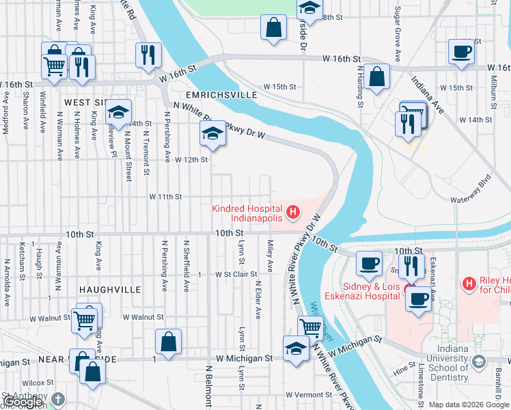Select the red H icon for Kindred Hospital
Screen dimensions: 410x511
point(293,213)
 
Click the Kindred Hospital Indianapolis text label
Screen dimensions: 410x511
point(247,213)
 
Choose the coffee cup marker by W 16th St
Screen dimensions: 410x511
point(461,52)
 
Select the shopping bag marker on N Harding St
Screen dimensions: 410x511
point(376,77)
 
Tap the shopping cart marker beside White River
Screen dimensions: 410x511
point(310,328)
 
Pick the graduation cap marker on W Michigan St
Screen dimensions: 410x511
point(295,348)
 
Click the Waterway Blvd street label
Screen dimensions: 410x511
point(471,184)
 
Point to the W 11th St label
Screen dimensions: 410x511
point(165,196)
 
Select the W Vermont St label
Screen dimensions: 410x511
point(308,395)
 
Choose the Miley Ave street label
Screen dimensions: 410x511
point(271,254)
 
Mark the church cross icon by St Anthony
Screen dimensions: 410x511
point(59,398)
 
